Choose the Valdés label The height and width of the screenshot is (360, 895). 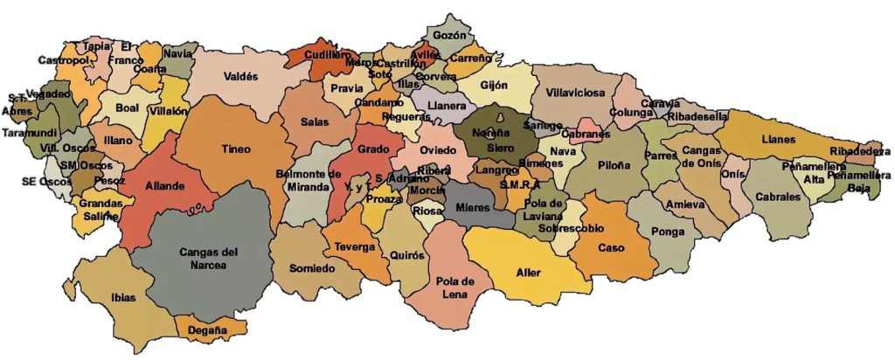(239, 77)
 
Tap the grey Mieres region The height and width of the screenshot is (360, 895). (477, 211)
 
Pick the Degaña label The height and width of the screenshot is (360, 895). (206, 330)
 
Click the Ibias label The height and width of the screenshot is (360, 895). (123, 297)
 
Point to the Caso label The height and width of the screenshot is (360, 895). (611, 247)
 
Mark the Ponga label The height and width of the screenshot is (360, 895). (667, 232)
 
